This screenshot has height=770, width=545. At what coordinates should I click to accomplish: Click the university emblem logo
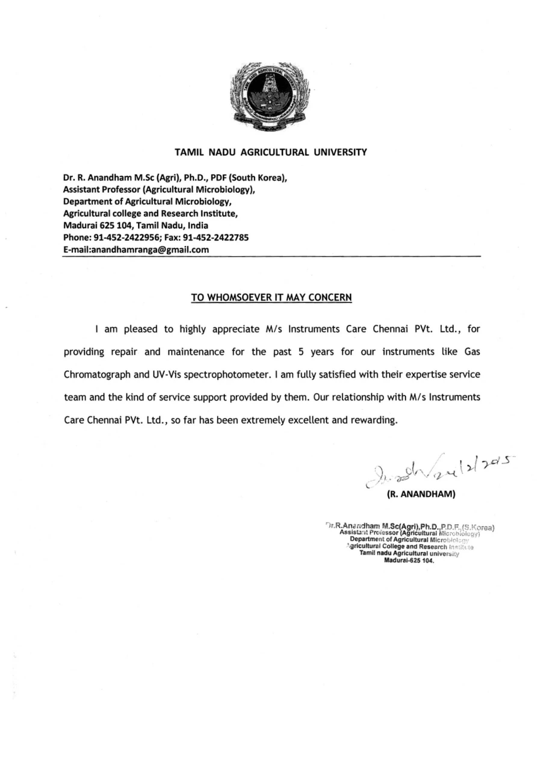pyautogui.click(x=271, y=97)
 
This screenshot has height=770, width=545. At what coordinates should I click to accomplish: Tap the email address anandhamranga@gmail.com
pyautogui.click(x=150, y=250)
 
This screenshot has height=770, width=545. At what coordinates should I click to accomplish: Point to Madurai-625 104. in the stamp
pyautogui.click(x=409, y=560)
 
